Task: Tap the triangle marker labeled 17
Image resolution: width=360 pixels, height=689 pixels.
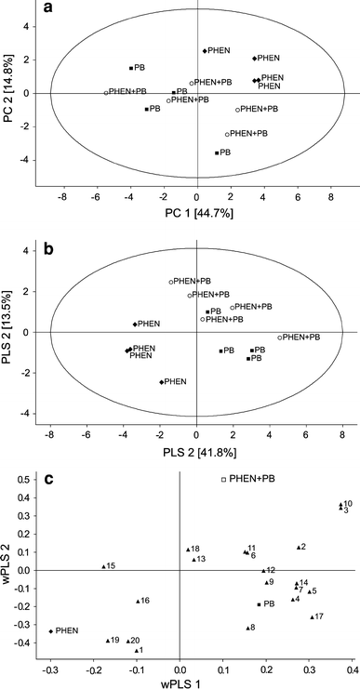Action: coord(313,616)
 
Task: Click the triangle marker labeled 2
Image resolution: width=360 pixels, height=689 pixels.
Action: coord(299,548)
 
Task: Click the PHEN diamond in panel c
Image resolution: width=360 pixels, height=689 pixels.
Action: coord(51,631)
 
